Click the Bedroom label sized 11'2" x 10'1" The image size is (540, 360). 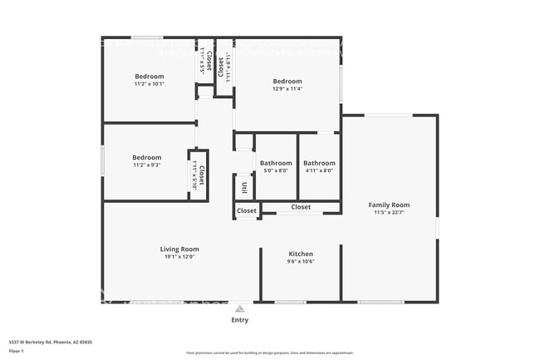pyautogui.click(x=150, y=76)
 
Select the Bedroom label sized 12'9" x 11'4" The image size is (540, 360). pyautogui.click(x=287, y=81)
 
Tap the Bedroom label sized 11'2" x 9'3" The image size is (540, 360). pyautogui.click(x=146, y=157)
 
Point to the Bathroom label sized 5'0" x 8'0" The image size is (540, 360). pyautogui.click(x=276, y=163)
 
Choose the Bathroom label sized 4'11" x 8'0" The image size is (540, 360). pyautogui.click(x=319, y=163)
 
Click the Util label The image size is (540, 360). pyautogui.click(x=244, y=188)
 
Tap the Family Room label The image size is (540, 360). pyautogui.click(x=389, y=205)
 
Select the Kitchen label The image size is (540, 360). pyautogui.click(x=300, y=254)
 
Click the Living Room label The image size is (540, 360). pyautogui.click(x=179, y=249)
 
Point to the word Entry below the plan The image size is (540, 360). pyautogui.click(x=239, y=320)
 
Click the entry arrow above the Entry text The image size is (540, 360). pyautogui.click(x=239, y=308)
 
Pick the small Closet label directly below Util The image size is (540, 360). pyautogui.click(x=247, y=211)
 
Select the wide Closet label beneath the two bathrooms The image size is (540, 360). pyautogui.click(x=301, y=207)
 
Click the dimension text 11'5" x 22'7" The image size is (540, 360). pyautogui.click(x=389, y=213)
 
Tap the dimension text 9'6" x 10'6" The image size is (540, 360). pyautogui.click(x=300, y=262)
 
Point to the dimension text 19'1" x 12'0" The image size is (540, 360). pyautogui.click(x=179, y=257)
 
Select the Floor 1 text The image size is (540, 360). pyautogui.click(x=17, y=351)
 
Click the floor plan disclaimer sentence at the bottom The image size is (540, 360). pyautogui.click(x=269, y=353)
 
